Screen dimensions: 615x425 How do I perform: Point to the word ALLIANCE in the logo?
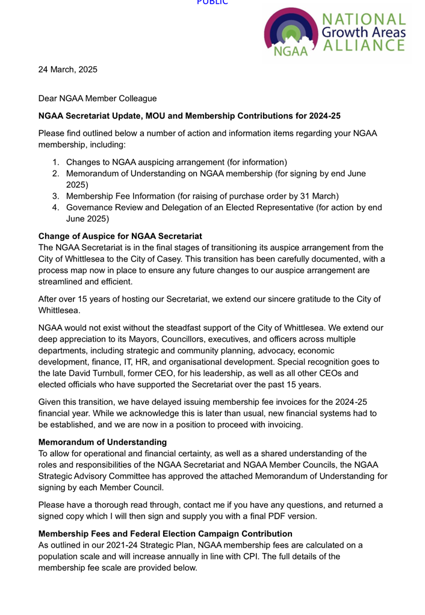click(366, 45)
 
